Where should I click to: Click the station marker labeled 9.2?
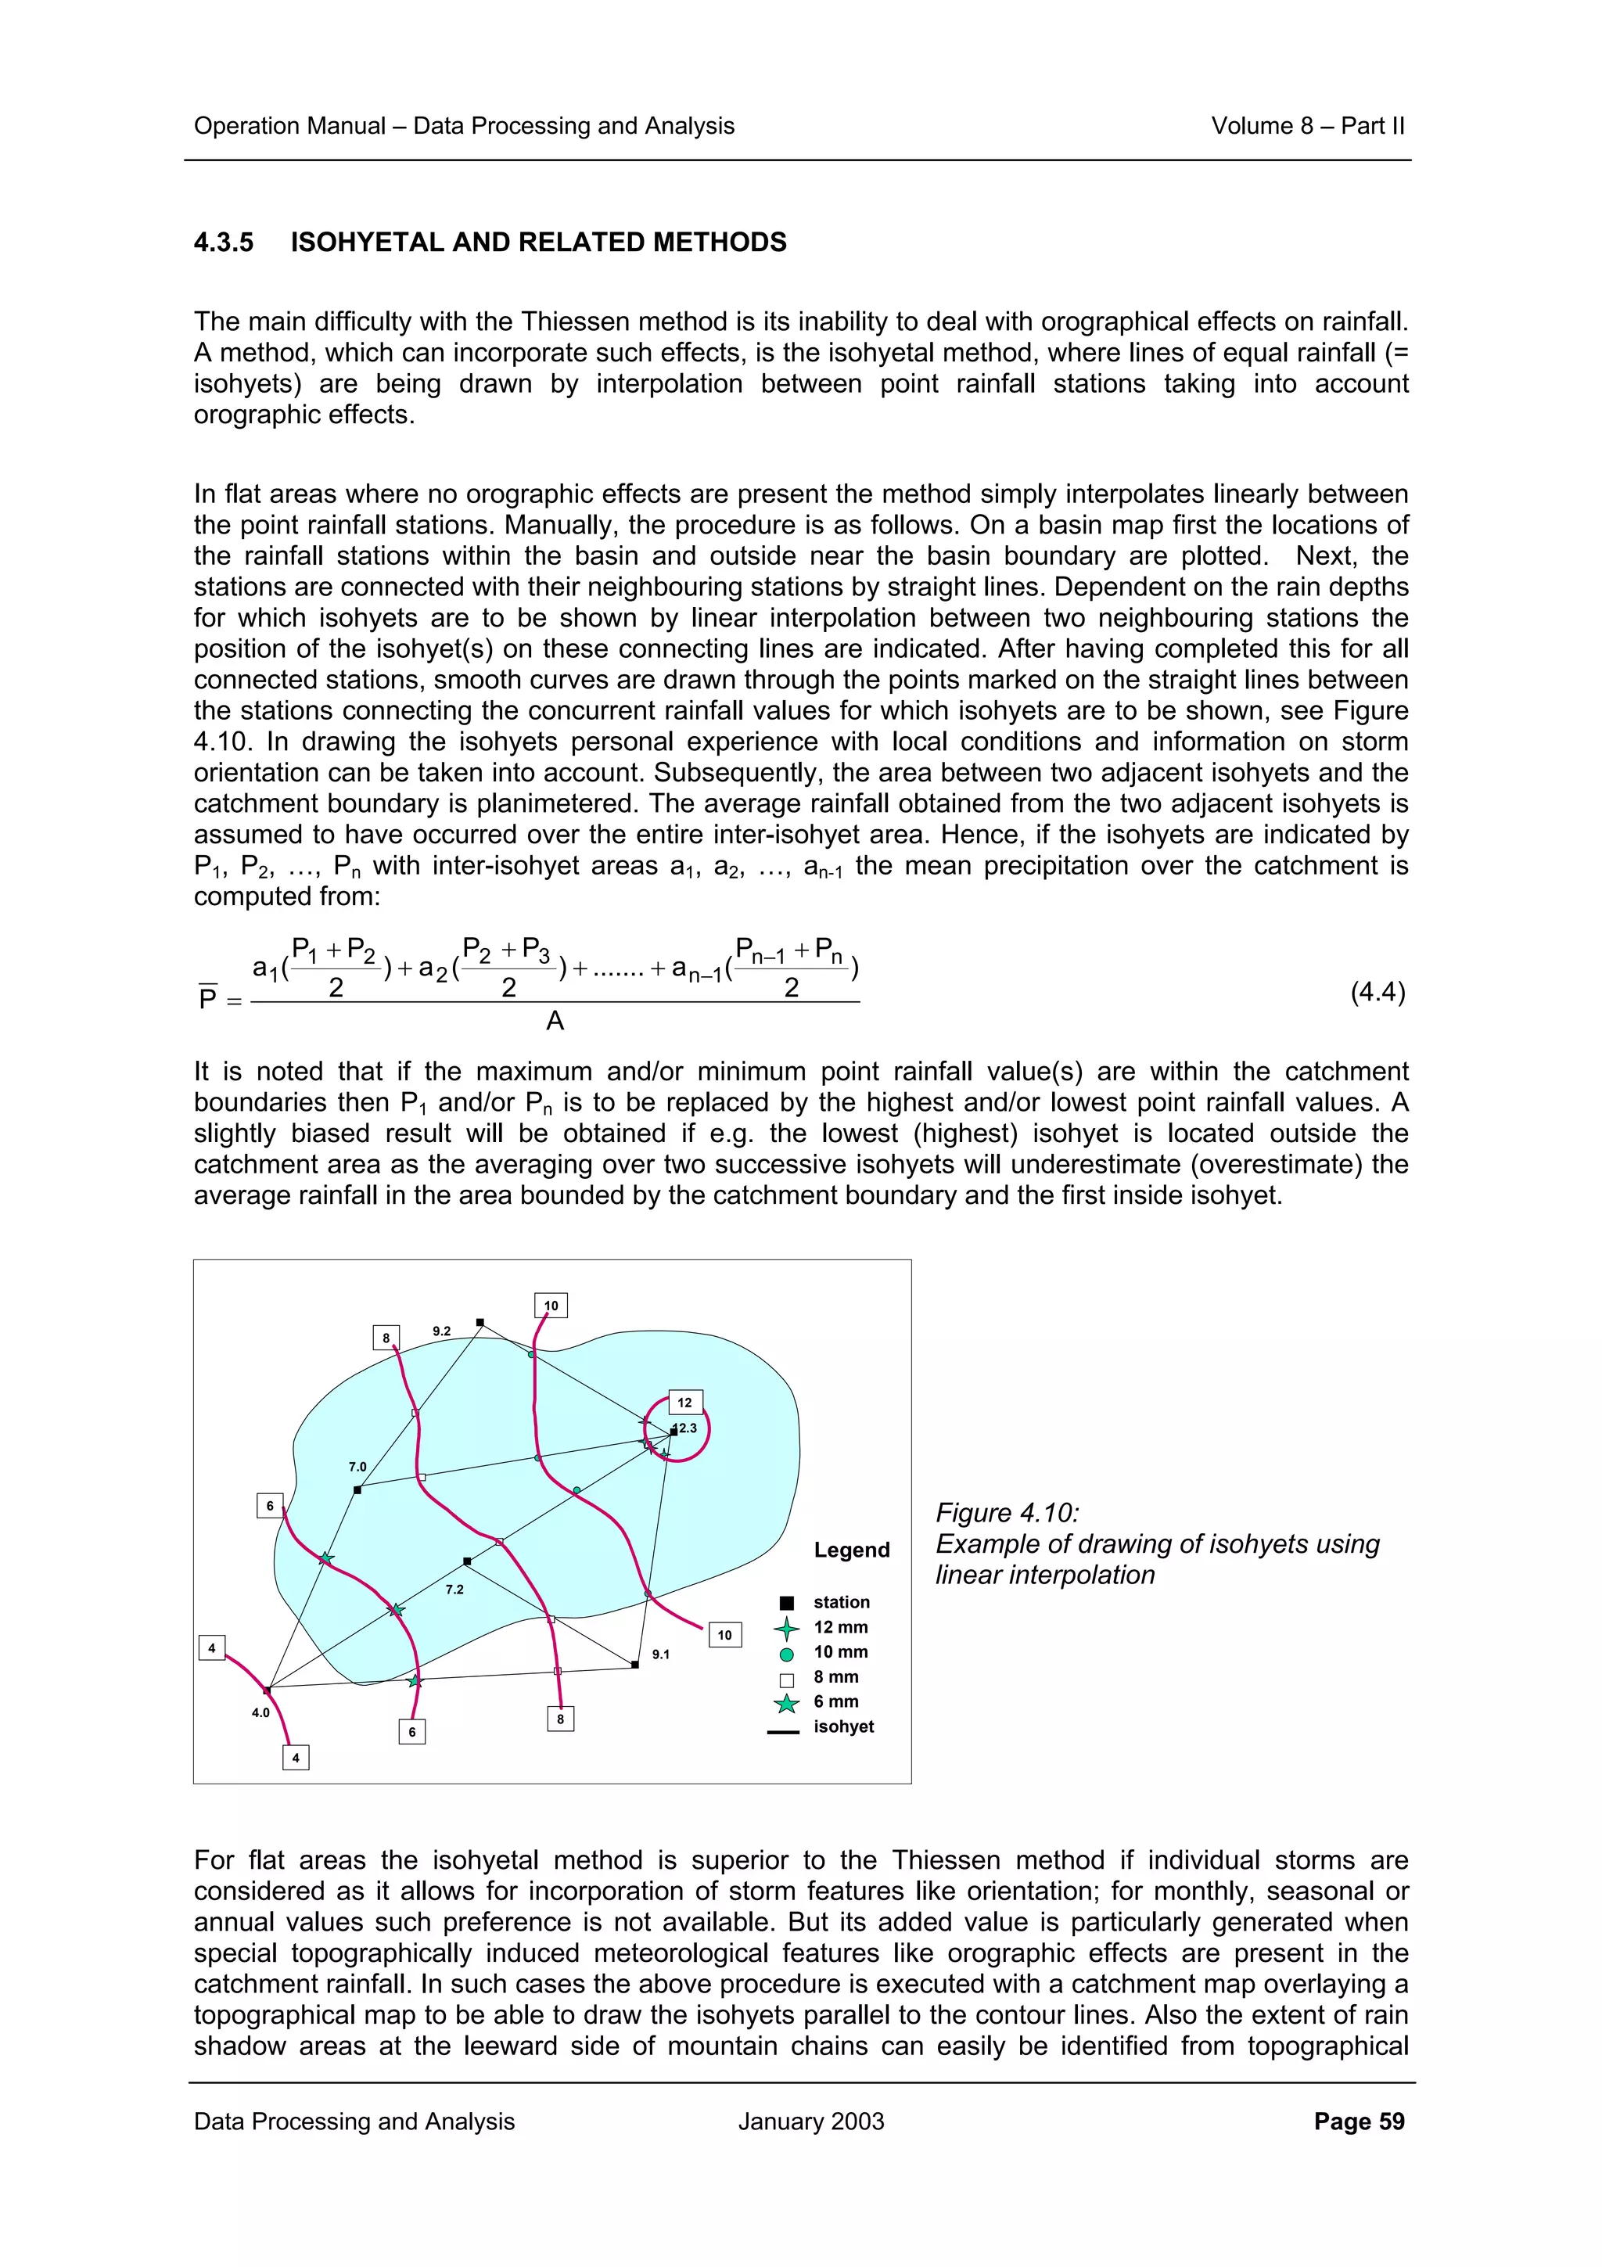point(480,1322)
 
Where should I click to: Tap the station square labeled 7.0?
point(357,1490)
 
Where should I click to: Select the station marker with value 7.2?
point(467,1562)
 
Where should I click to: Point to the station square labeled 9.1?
point(634,1665)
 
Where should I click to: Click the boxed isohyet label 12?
point(684,1402)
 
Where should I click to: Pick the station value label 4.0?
point(260,1712)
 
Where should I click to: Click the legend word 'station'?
point(841,1601)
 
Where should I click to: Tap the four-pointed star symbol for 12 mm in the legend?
point(787,1628)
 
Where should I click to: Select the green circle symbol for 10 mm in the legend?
point(787,1654)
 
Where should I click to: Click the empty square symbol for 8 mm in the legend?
point(787,1680)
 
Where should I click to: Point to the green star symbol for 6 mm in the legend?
point(787,1703)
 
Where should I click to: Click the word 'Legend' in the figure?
point(851,1550)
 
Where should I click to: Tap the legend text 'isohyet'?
point(843,1726)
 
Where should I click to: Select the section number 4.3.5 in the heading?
point(224,242)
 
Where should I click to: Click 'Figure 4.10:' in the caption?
point(1007,1513)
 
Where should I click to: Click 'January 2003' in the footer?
point(810,2121)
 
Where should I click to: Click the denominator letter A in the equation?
point(555,1021)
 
